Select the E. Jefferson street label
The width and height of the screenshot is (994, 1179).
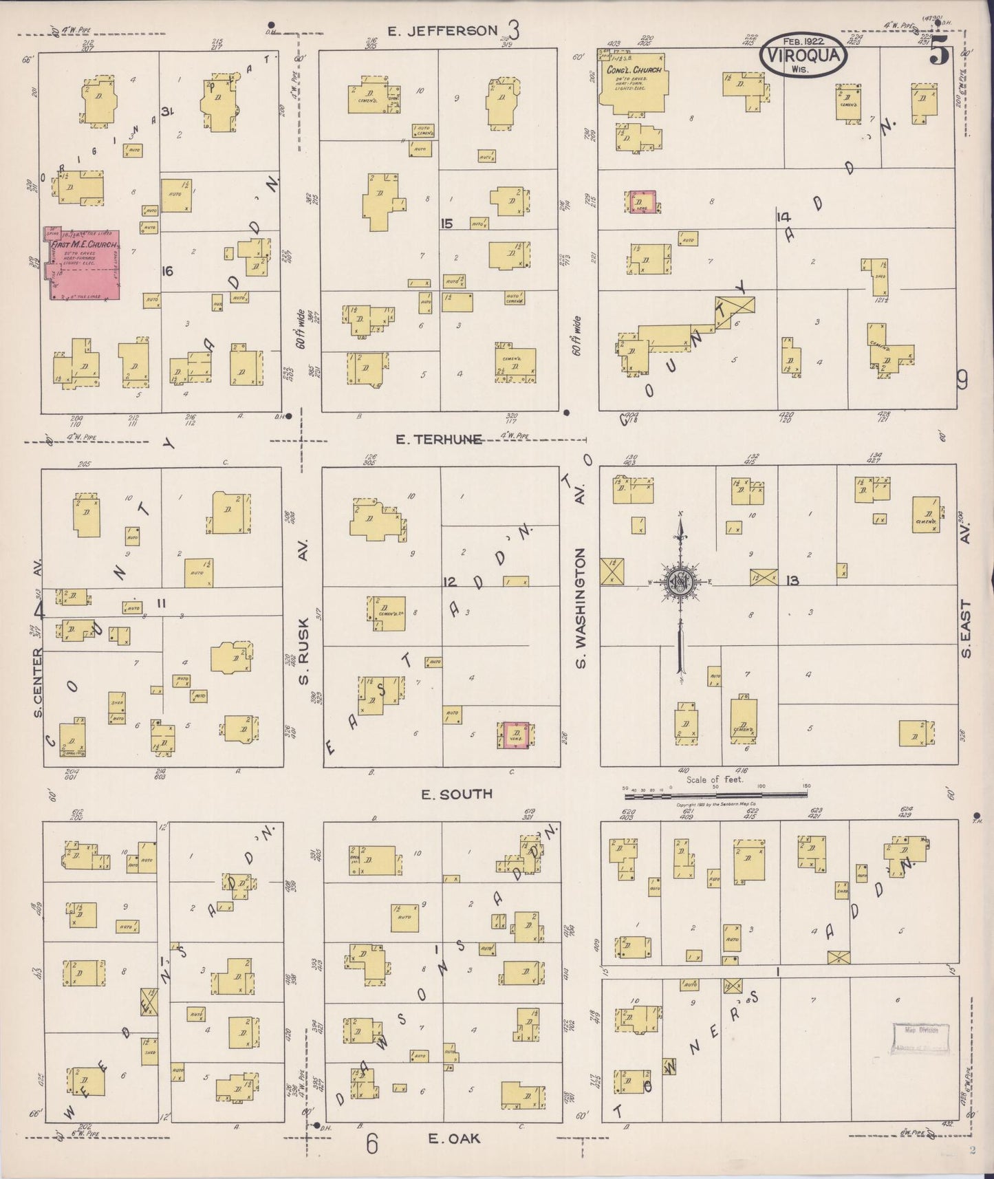click(442, 30)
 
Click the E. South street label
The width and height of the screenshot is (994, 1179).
click(457, 794)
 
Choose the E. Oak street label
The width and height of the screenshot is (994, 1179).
click(454, 1138)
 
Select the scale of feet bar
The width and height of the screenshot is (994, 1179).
click(715, 795)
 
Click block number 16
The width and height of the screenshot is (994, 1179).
click(166, 271)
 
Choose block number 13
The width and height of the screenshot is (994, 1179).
click(792, 581)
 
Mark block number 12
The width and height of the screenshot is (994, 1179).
click(449, 583)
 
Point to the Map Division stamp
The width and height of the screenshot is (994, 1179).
click(920, 1039)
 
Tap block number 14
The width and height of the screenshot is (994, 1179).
click(782, 217)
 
